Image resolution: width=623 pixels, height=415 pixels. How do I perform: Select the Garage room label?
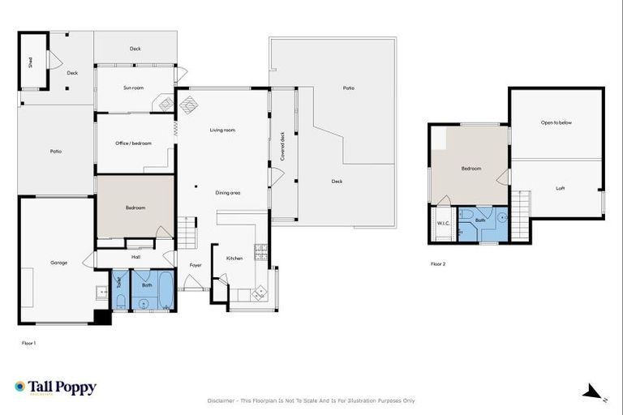[x=58, y=263]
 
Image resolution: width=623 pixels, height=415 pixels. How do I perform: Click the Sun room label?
[x=134, y=88]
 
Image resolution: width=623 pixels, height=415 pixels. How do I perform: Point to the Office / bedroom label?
[x=134, y=143]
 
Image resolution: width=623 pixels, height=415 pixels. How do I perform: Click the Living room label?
[x=222, y=130]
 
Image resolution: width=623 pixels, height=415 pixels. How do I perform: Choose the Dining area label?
[x=228, y=193]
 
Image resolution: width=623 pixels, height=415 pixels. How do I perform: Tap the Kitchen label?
[x=234, y=259]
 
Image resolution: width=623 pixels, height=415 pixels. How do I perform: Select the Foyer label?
[x=195, y=265]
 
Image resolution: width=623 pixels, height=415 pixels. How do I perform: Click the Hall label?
[x=135, y=257]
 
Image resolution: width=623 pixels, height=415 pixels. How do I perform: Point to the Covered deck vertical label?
[x=282, y=145]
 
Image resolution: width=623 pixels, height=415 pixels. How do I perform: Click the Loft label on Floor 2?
[x=560, y=188]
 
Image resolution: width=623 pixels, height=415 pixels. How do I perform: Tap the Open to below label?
[x=556, y=122]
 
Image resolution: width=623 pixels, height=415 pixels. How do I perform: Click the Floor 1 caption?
[x=28, y=343]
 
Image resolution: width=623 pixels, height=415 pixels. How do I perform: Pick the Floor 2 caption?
[x=438, y=263]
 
